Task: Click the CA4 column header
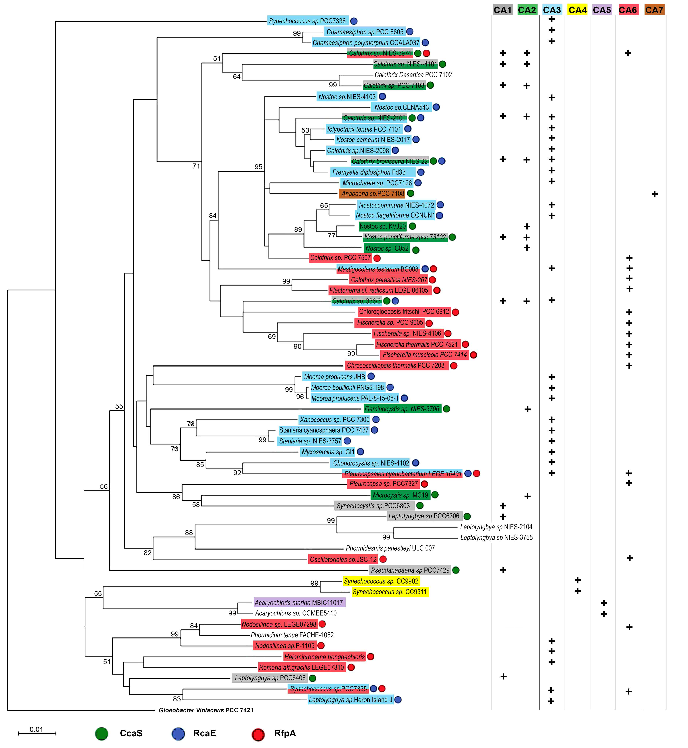pos(577,10)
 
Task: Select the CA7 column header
pos(654,10)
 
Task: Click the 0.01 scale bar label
pos(36,729)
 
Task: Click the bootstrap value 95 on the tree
pos(258,167)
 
